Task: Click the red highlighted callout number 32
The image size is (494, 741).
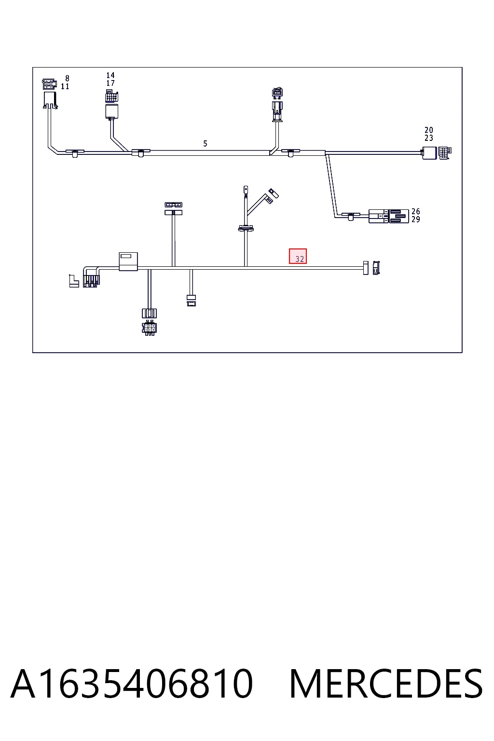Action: [x=300, y=259]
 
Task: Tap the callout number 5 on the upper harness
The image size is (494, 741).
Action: [x=205, y=144]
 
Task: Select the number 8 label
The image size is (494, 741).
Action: [x=67, y=79]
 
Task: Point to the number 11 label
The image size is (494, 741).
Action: [x=65, y=86]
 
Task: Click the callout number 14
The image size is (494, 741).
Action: [x=110, y=75]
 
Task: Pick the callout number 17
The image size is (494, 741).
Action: [x=110, y=83]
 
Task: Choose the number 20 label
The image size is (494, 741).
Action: [x=429, y=130]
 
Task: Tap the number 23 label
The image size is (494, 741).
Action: [x=429, y=138]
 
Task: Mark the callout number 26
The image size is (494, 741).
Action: [x=415, y=211]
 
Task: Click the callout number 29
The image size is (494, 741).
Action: [x=415, y=220]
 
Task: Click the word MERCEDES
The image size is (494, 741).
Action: [x=386, y=684]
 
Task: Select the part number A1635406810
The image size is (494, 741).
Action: [x=132, y=684]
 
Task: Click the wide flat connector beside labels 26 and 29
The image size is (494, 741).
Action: [x=389, y=216]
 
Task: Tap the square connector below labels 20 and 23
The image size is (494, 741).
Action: [x=437, y=153]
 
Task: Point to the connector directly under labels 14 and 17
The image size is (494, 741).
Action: [x=112, y=104]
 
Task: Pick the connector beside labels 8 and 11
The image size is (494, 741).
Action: [x=50, y=94]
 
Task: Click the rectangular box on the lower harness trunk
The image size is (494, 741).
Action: [x=128, y=261]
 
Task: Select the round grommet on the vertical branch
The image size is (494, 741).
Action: [x=246, y=228]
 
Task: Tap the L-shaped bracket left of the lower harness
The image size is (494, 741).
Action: [x=74, y=281]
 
